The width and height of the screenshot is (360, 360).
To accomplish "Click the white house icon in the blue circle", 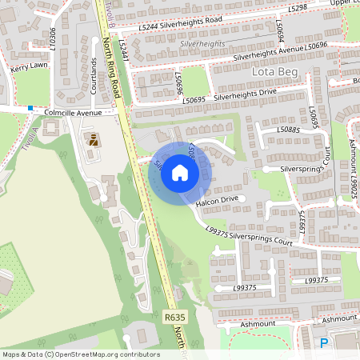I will click(180, 173).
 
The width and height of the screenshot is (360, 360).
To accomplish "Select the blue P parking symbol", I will click(324, 342).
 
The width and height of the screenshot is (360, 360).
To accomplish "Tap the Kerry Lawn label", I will click(28, 70).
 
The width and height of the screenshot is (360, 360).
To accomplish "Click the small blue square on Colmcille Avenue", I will click(30, 107).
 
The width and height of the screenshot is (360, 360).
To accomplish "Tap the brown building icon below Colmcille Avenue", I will click(93, 140).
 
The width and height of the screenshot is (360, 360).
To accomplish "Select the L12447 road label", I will click(123, 50).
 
